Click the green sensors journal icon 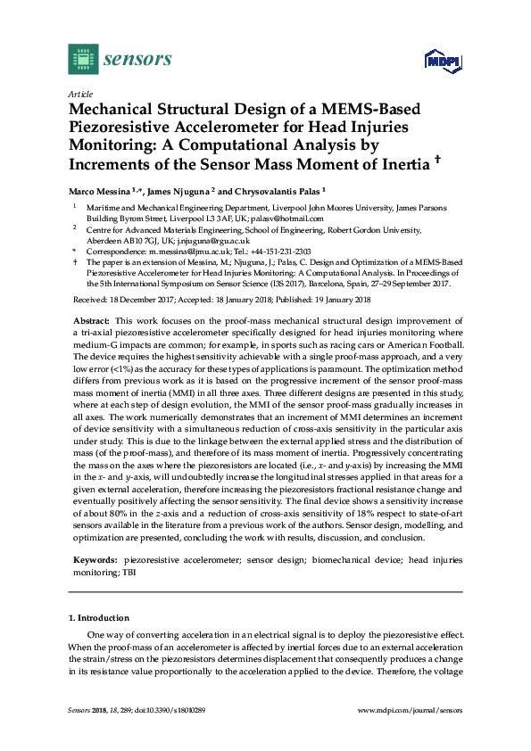(82, 60)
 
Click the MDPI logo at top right (440, 62)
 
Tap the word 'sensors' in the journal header (137, 60)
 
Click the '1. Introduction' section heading (99, 617)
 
